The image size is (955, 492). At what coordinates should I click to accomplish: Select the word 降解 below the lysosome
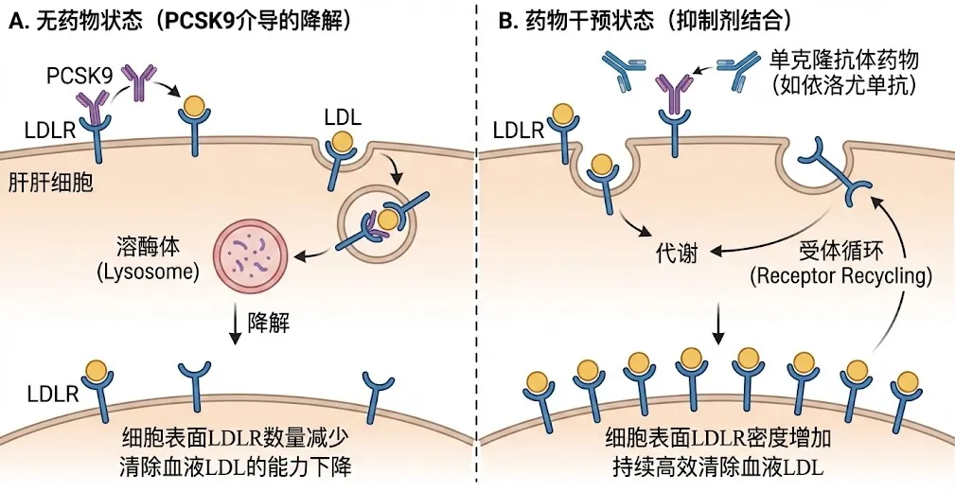click(x=270, y=323)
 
